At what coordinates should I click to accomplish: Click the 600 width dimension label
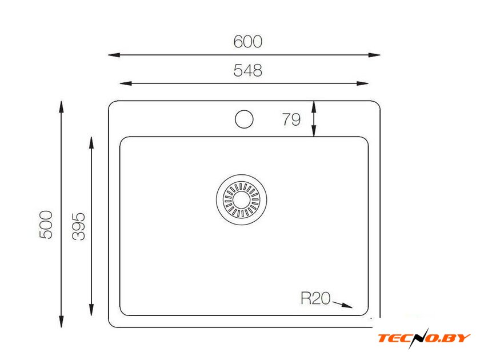tap(247, 42)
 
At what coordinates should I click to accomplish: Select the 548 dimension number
tap(247, 70)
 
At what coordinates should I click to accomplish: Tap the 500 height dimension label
tap(46, 225)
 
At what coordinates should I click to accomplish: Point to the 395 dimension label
tap(78, 226)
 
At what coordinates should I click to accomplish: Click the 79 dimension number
tap(291, 119)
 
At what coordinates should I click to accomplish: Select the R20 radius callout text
tap(315, 298)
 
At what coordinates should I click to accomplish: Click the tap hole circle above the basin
tap(244, 119)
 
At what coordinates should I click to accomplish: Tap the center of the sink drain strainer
tap(242, 200)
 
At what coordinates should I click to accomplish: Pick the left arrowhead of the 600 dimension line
tap(114, 55)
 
